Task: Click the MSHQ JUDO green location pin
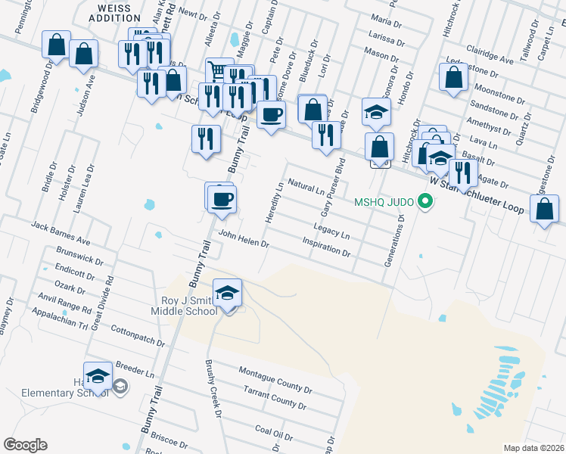425,202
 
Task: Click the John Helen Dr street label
244,239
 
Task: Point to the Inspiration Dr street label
325,247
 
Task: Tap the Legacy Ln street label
331,230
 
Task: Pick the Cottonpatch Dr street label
138,337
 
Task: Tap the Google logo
25,445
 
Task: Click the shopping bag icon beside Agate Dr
544,208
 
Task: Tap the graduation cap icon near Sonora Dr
375,112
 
